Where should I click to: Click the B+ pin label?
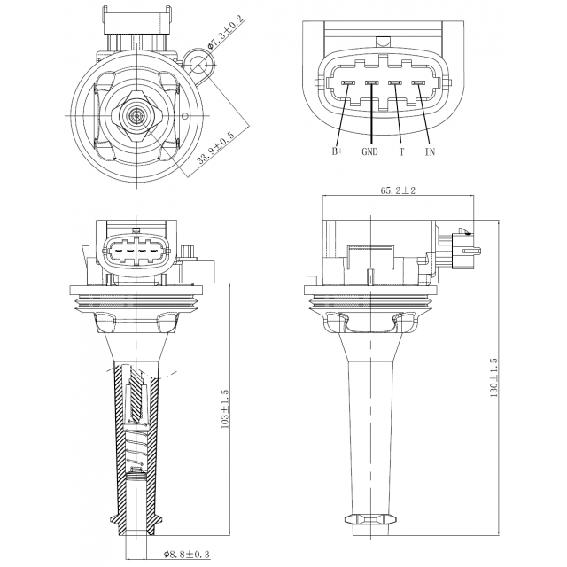(x=337, y=151)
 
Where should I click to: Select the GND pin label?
(x=369, y=151)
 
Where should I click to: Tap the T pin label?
(x=401, y=151)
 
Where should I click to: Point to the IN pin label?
(x=430, y=151)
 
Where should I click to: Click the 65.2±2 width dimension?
(x=398, y=190)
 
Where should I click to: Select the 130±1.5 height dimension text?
(x=493, y=378)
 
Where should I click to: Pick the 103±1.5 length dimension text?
(x=224, y=409)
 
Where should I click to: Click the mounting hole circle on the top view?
(x=198, y=65)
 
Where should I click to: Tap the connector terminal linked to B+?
(x=346, y=83)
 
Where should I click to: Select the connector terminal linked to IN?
(x=418, y=83)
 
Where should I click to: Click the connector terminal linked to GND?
(x=371, y=83)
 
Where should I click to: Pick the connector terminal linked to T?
(x=395, y=83)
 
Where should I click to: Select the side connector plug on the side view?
(x=459, y=250)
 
